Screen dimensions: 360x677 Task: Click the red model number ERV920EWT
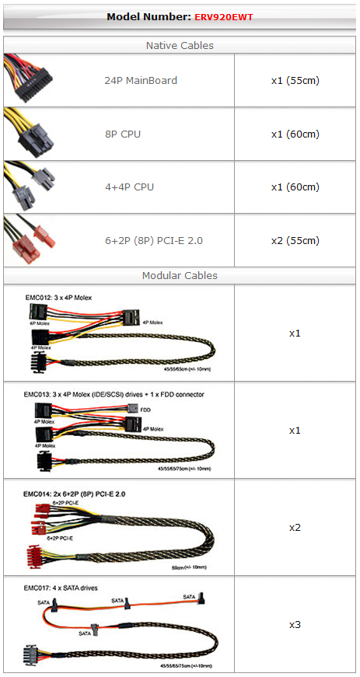click(223, 17)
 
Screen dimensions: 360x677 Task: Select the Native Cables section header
click(180, 45)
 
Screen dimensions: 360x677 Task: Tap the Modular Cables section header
click(180, 275)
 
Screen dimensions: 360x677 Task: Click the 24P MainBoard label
click(141, 80)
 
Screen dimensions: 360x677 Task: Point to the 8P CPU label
click(123, 134)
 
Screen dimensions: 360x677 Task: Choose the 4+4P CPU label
click(130, 187)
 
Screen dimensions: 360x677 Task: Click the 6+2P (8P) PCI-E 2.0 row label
click(154, 240)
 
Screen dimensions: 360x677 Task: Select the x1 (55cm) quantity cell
click(295, 80)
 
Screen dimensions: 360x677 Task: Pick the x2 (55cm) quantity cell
click(295, 240)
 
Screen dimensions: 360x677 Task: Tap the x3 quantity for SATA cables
click(295, 625)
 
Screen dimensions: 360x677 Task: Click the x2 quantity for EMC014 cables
click(295, 528)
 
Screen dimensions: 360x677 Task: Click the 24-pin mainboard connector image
click(28, 79)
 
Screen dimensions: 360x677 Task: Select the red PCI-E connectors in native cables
click(30, 240)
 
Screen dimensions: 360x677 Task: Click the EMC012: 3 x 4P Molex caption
click(60, 298)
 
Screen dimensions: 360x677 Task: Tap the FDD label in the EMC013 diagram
click(145, 410)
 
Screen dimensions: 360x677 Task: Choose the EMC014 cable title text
click(74, 494)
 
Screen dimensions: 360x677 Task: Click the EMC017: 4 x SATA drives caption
click(61, 588)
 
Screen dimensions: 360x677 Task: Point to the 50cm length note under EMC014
click(189, 567)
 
